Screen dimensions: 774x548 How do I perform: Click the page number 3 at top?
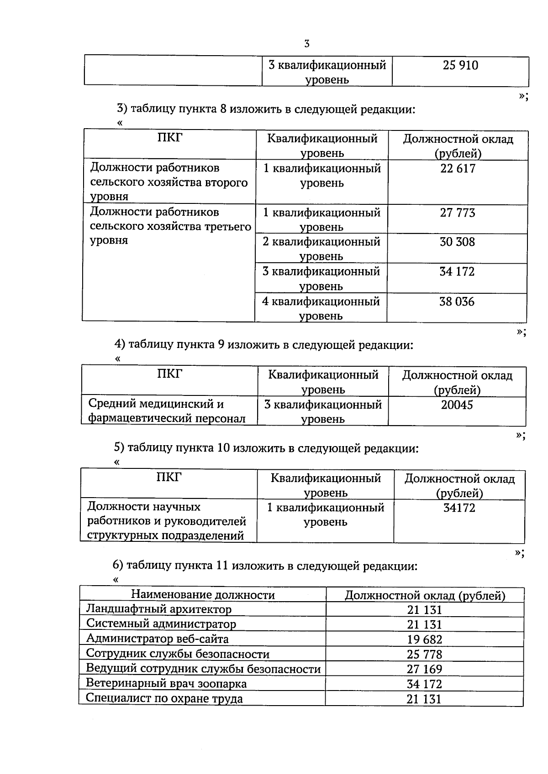(306, 44)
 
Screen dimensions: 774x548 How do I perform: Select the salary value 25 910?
(460, 65)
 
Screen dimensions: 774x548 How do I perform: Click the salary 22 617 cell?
(458, 169)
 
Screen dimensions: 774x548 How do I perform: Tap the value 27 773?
(457, 213)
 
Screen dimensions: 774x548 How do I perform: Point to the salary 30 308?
(457, 242)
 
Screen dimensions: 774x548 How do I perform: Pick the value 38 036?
(457, 301)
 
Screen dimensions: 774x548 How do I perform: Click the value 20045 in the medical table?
(457, 405)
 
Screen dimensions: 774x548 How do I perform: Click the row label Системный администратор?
(161, 624)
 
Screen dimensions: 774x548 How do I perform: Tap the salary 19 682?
(424, 639)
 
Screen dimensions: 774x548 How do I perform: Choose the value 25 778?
(424, 655)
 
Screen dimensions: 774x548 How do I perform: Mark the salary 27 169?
(424, 669)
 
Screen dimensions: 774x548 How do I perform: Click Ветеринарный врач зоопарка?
(166, 684)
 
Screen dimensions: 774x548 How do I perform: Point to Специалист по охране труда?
(164, 699)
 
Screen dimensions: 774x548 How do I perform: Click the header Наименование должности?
(203, 595)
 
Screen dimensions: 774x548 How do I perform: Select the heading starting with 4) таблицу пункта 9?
(263, 345)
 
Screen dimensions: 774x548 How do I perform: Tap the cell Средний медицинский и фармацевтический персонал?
(167, 411)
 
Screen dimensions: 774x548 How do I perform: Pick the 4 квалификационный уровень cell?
(321, 308)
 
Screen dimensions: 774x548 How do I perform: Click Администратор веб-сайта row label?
(158, 639)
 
